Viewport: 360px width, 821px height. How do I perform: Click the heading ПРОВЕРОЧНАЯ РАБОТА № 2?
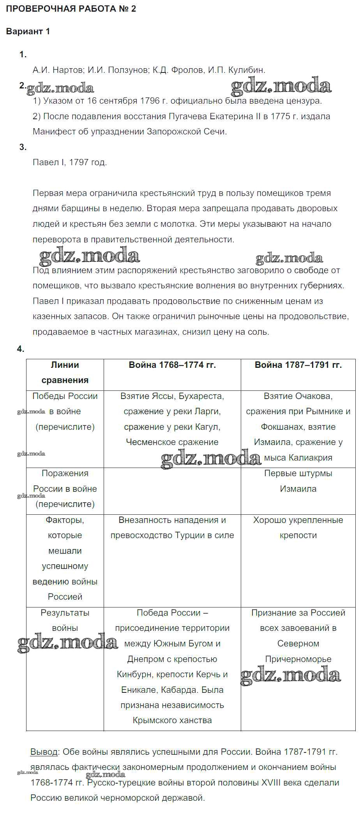click(71, 9)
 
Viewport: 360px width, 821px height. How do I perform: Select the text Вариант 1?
click(28, 32)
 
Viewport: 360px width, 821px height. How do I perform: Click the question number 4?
click(21, 349)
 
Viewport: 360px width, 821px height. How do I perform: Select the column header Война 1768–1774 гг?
click(172, 365)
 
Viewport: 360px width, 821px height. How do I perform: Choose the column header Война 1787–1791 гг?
click(298, 365)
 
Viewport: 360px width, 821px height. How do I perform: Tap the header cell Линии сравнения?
click(65, 373)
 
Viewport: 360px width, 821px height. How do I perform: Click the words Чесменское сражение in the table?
click(172, 442)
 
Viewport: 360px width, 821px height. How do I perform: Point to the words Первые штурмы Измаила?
click(298, 481)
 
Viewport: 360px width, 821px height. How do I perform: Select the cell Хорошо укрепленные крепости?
click(298, 528)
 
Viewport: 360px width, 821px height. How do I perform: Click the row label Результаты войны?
click(65, 620)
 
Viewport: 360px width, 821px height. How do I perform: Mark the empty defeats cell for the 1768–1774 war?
click(172, 491)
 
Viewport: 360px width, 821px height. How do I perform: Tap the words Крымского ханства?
click(172, 720)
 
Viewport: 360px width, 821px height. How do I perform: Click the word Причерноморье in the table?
click(298, 659)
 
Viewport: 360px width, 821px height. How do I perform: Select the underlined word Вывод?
click(44, 752)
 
